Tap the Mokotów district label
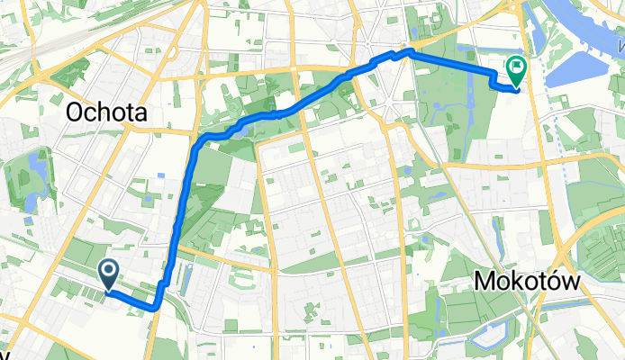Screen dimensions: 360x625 pyautogui.click(x=528, y=283)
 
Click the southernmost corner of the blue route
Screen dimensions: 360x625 pyautogui.click(x=155, y=308)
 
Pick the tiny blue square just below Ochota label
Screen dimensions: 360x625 pyautogui.click(x=159, y=175)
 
